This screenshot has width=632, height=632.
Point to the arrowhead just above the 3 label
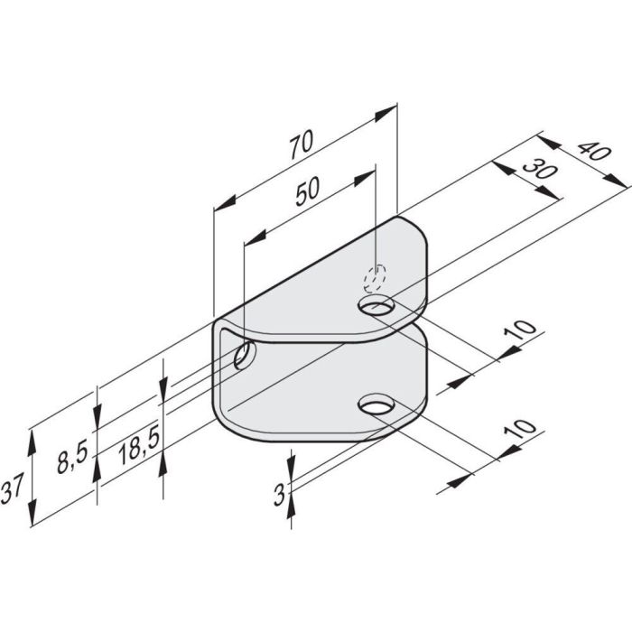291,464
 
